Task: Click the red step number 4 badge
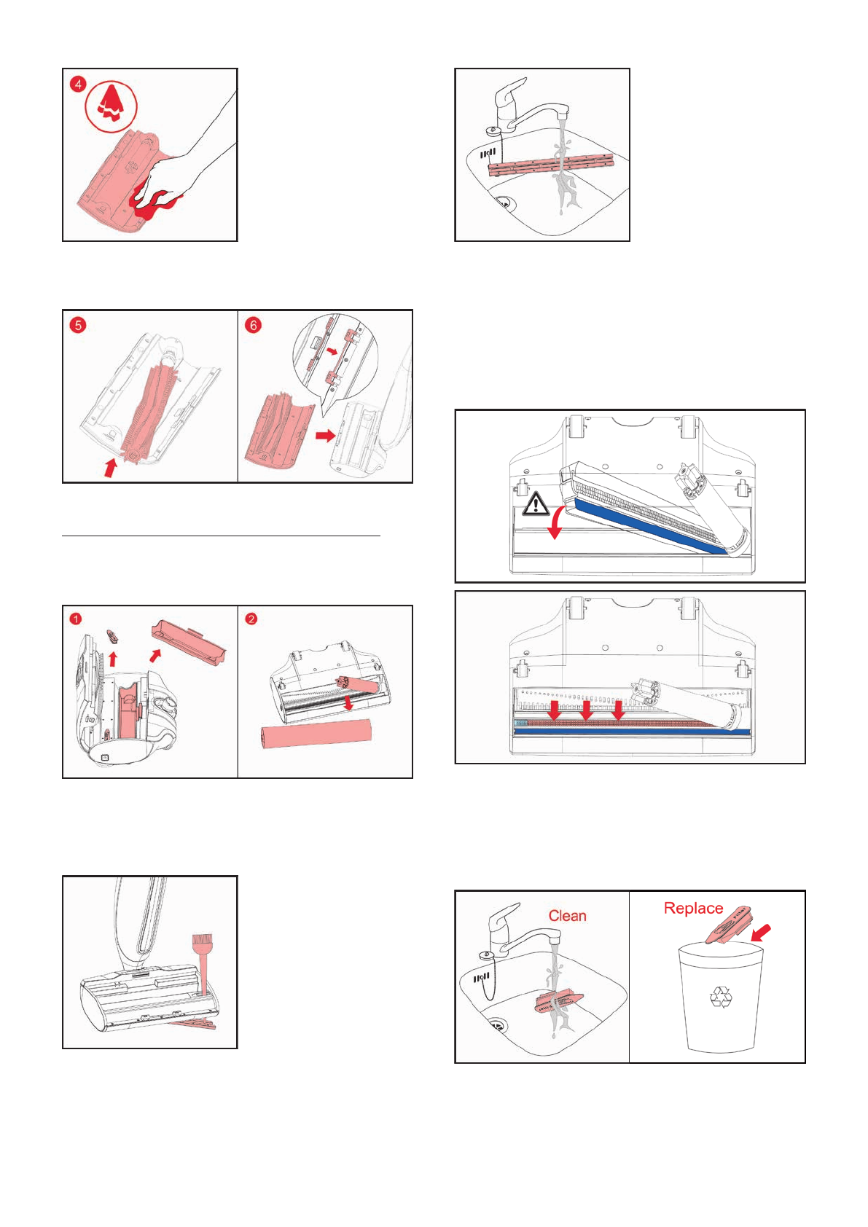[x=78, y=84]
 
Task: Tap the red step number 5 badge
[x=78, y=324]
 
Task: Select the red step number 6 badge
[x=253, y=324]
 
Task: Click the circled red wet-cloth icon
[x=112, y=105]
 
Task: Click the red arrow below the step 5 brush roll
[x=110, y=467]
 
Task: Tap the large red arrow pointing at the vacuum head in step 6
[x=325, y=435]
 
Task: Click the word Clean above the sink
[x=567, y=916]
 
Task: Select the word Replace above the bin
[x=693, y=908]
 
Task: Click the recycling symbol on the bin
[x=721, y=997]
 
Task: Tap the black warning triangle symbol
[x=536, y=503]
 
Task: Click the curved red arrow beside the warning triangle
[x=556, y=522]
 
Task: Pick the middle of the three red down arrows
[x=587, y=709]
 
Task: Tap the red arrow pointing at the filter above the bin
[x=760, y=933]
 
